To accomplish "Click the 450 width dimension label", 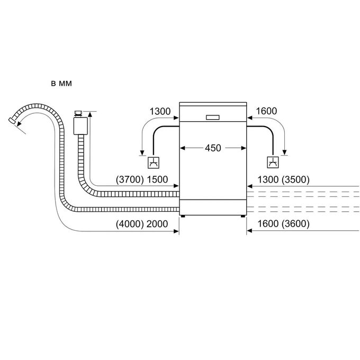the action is [213, 148].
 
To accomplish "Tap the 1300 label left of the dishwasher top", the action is [160, 111].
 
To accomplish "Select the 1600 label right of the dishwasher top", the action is [266, 111].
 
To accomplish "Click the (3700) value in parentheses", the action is [130, 179].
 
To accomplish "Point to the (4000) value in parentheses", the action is [130, 224].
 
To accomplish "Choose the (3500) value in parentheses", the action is [295, 179].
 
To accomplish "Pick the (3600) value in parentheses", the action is [295, 223].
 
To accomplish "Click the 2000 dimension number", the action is [157, 224].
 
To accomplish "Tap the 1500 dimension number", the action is [157, 179].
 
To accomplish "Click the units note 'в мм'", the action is [61, 84].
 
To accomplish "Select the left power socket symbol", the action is [154, 163].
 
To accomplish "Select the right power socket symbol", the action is [273, 163].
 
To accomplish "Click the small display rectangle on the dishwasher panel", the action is [213, 118].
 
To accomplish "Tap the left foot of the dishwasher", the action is [183, 216].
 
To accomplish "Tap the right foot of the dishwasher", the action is [242, 216].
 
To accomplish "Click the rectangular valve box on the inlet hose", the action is [80, 126].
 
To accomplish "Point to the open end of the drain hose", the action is [12, 121].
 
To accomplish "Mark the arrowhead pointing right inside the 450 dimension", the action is [244, 148].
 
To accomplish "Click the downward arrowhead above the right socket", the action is [285, 152].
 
